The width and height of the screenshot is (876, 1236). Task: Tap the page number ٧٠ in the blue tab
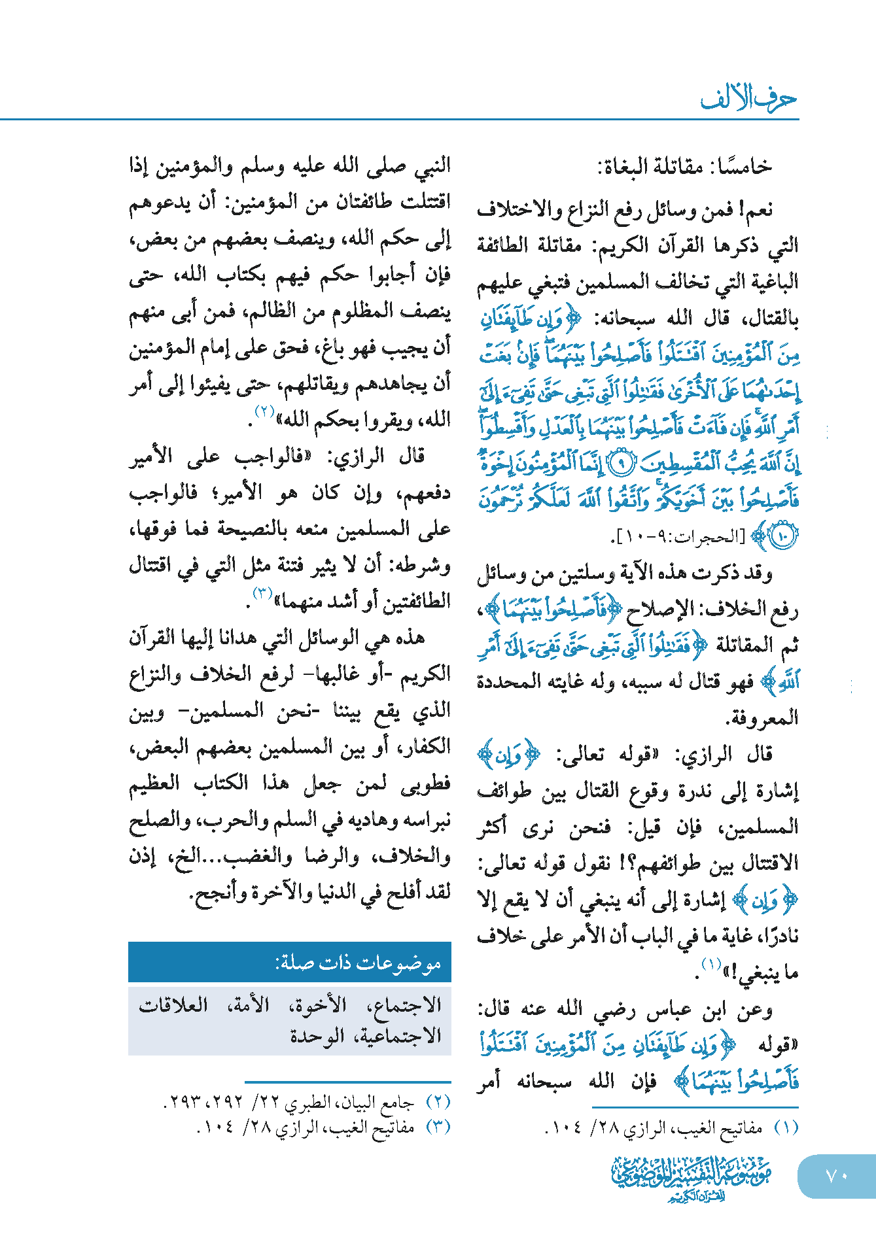(x=836, y=1176)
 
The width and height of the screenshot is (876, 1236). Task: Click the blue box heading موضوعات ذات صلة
(x=358, y=963)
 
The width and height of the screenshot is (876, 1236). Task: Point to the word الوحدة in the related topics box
(x=317, y=1036)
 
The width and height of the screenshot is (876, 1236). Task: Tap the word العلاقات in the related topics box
(x=173, y=1004)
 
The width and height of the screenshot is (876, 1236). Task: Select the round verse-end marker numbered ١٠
(x=783, y=537)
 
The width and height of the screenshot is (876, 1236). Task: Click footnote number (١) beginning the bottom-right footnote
(x=786, y=1128)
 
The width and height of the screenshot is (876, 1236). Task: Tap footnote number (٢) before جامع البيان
(x=438, y=1103)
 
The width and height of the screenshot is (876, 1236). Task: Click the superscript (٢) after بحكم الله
(x=264, y=412)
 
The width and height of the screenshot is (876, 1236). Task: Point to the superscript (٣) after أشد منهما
(x=262, y=594)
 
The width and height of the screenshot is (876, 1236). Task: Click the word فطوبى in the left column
(x=425, y=783)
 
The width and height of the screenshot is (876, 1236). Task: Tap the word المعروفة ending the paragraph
(x=762, y=718)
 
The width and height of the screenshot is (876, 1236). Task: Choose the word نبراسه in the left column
(x=422, y=820)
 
